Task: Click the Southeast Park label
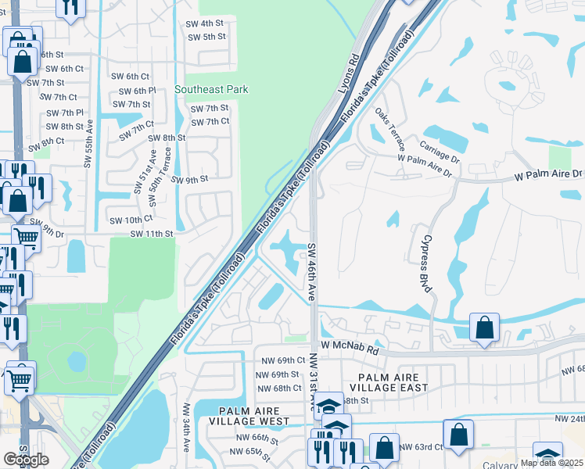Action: coord(211,89)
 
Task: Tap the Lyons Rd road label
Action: coord(348,75)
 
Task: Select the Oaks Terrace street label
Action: coord(391,126)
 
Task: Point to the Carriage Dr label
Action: coord(440,146)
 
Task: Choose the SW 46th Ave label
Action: coord(311,271)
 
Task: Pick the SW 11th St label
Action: coord(151,234)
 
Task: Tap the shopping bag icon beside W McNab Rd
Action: coord(484,328)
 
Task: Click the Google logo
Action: coord(26,460)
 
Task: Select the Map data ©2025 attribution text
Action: coord(551,463)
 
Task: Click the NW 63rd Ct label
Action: coord(421,447)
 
